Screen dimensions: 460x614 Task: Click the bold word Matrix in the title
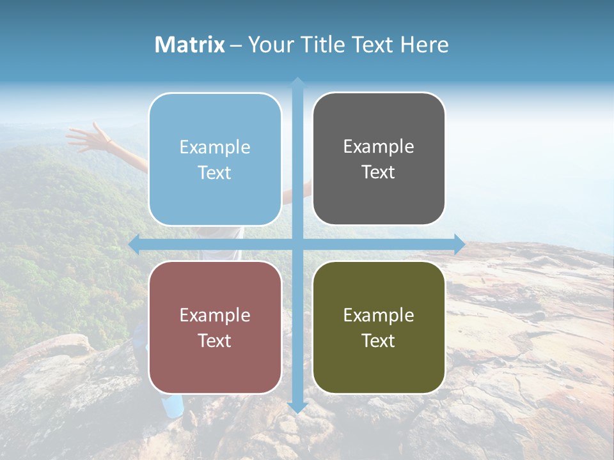(x=190, y=45)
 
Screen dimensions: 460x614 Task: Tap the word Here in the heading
(x=424, y=45)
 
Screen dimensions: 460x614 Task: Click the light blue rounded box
(x=215, y=159)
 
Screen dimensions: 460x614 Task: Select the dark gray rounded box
(x=379, y=159)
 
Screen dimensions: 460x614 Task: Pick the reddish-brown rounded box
(x=215, y=327)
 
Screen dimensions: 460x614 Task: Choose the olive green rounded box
(x=379, y=327)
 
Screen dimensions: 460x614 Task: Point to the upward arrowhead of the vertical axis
(x=297, y=82)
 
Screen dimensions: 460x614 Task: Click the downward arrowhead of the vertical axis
(x=297, y=407)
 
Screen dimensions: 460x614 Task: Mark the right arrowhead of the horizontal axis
(x=459, y=243)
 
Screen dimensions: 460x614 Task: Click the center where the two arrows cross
(x=297, y=243)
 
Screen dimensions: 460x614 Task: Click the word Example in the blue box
(x=215, y=148)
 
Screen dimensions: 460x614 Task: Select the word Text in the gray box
(x=379, y=172)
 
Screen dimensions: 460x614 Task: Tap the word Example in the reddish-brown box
(x=215, y=315)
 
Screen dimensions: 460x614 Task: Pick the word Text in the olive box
(x=379, y=341)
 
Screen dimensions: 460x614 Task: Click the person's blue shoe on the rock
(x=172, y=406)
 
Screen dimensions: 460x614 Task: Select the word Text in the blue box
(x=215, y=173)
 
